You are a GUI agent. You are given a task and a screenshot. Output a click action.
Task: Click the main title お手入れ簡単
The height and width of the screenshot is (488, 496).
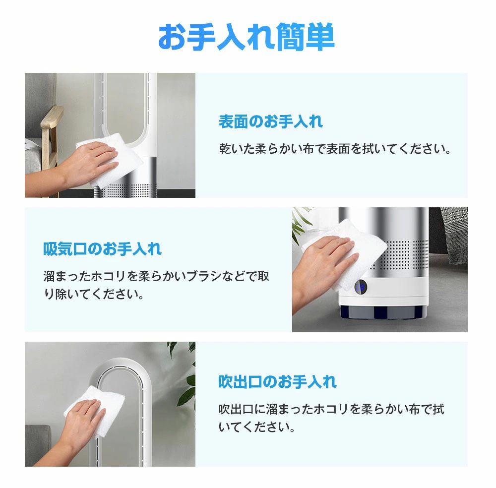pos(246,37)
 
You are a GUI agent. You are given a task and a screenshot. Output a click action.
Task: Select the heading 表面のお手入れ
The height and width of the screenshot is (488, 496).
pos(271,122)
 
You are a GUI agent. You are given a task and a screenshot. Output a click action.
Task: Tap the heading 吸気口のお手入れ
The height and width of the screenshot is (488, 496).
pos(103,249)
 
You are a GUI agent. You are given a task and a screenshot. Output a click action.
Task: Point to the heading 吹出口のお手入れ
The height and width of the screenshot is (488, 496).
pos(277,382)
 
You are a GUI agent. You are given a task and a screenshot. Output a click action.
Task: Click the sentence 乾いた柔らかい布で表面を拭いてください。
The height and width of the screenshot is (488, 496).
pos(335,149)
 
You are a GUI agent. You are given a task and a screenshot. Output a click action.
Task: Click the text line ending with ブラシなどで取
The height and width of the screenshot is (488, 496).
pos(156,276)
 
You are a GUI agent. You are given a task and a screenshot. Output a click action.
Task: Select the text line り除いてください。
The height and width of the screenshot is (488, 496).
pos(94,294)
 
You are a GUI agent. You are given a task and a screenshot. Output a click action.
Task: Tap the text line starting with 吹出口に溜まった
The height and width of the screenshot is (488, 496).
pos(331,409)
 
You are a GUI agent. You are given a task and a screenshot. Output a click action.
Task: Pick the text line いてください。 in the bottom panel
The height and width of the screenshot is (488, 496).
pos(256,427)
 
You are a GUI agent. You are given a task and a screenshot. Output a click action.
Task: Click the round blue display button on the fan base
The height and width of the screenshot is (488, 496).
pos(360,287)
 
